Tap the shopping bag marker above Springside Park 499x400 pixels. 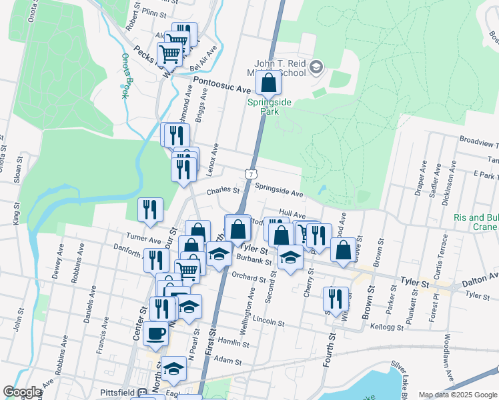pyautogui.click(x=268, y=83)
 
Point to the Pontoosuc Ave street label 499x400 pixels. pyautogui.click(x=221, y=84)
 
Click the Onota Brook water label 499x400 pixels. pyautogui.click(x=125, y=76)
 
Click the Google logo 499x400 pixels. pyautogui.click(x=22, y=392)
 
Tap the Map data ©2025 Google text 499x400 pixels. pyautogui.click(x=457, y=395)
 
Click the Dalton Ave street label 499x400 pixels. pyautogui.click(x=480, y=279)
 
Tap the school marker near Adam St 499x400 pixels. pyautogui.click(x=174, y=369)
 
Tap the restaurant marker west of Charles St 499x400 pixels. pyautogui.click(x=150, y=209)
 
